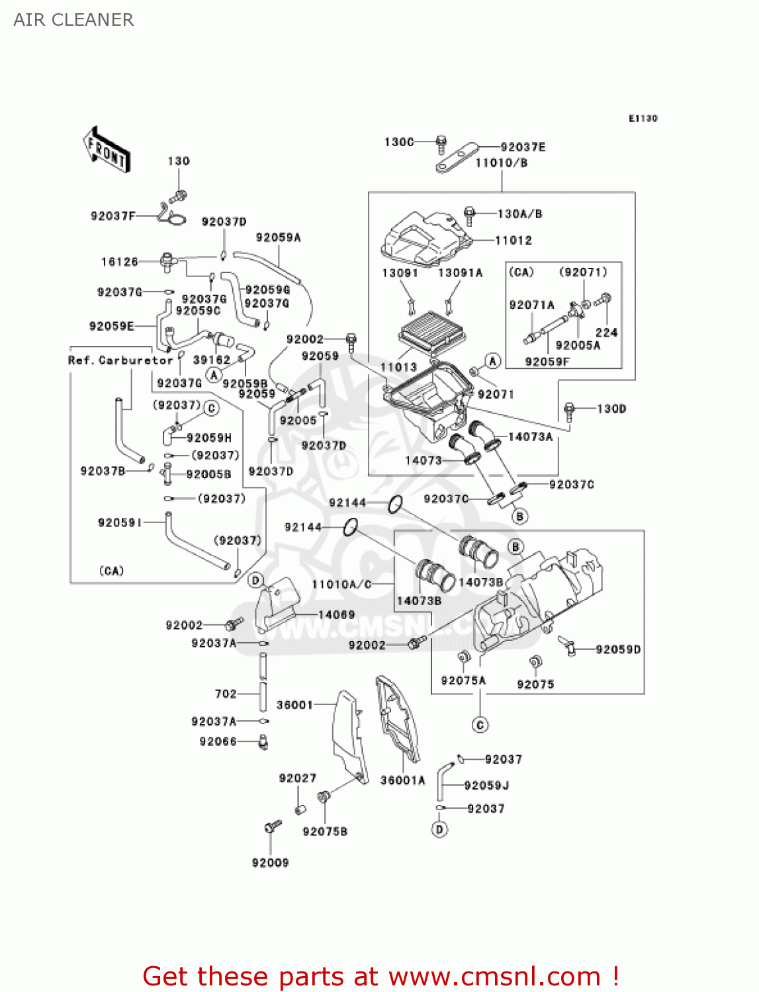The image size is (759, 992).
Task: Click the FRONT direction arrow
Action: [107, 149]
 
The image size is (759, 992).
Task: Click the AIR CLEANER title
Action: [73, 20]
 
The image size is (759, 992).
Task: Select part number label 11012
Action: [513, 240]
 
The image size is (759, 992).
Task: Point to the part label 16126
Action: [120, 262]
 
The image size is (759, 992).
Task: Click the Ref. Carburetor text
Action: [120, 360]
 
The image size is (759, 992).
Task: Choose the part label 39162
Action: [212, 360]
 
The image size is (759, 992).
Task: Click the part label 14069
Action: [336, 614]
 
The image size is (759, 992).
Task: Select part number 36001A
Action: [402, 780]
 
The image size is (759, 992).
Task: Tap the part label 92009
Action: [270, 862]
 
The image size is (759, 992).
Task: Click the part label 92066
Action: [218, 741]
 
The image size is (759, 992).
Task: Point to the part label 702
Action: [226, 694]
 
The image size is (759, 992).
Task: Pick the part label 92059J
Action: [486, 785]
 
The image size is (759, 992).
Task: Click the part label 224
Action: [606, 332]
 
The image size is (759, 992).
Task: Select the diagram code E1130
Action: [643, 118]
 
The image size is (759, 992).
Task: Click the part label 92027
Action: [297, 778]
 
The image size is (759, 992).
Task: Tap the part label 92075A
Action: [463, 681]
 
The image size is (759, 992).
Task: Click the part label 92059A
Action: [278, 237]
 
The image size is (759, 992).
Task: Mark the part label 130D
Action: [611, 409]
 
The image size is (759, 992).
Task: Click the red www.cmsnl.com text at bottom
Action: [495, 976]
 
